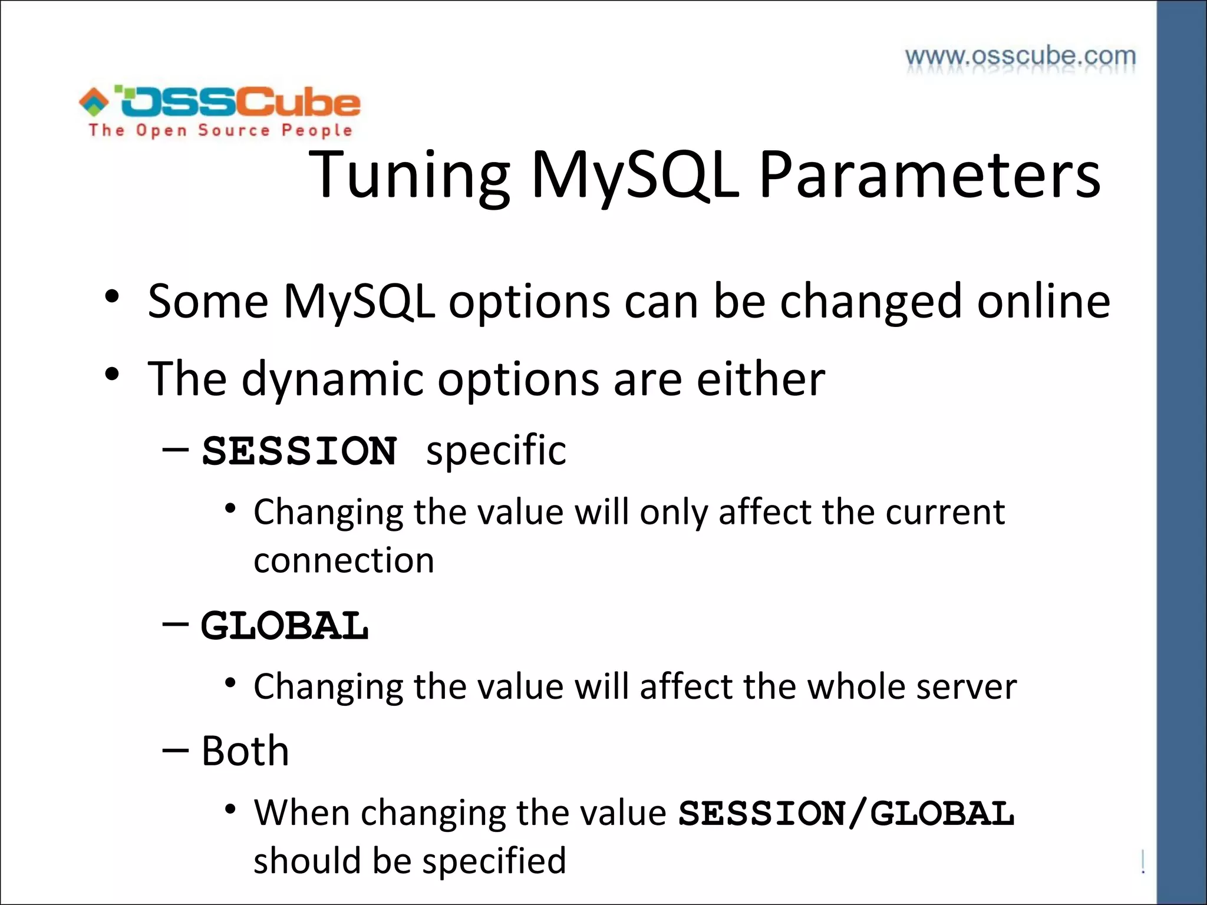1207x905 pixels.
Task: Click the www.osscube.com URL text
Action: (1020, 57)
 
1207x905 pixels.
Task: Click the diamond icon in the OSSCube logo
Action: (94, 101)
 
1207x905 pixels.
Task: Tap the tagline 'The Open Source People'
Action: (220, 130)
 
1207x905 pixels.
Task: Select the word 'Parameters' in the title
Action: (929, 175)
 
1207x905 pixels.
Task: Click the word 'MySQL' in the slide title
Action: (634, 175)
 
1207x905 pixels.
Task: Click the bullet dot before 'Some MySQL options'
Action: (112, 297)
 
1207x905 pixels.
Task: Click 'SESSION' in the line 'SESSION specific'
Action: (299, 451)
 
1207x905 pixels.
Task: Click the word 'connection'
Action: (344, 560)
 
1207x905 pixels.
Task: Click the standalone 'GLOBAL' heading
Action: (285, 626)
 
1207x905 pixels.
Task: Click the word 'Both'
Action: (245, 751)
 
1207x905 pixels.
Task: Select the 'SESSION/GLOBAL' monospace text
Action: (846, 814)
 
